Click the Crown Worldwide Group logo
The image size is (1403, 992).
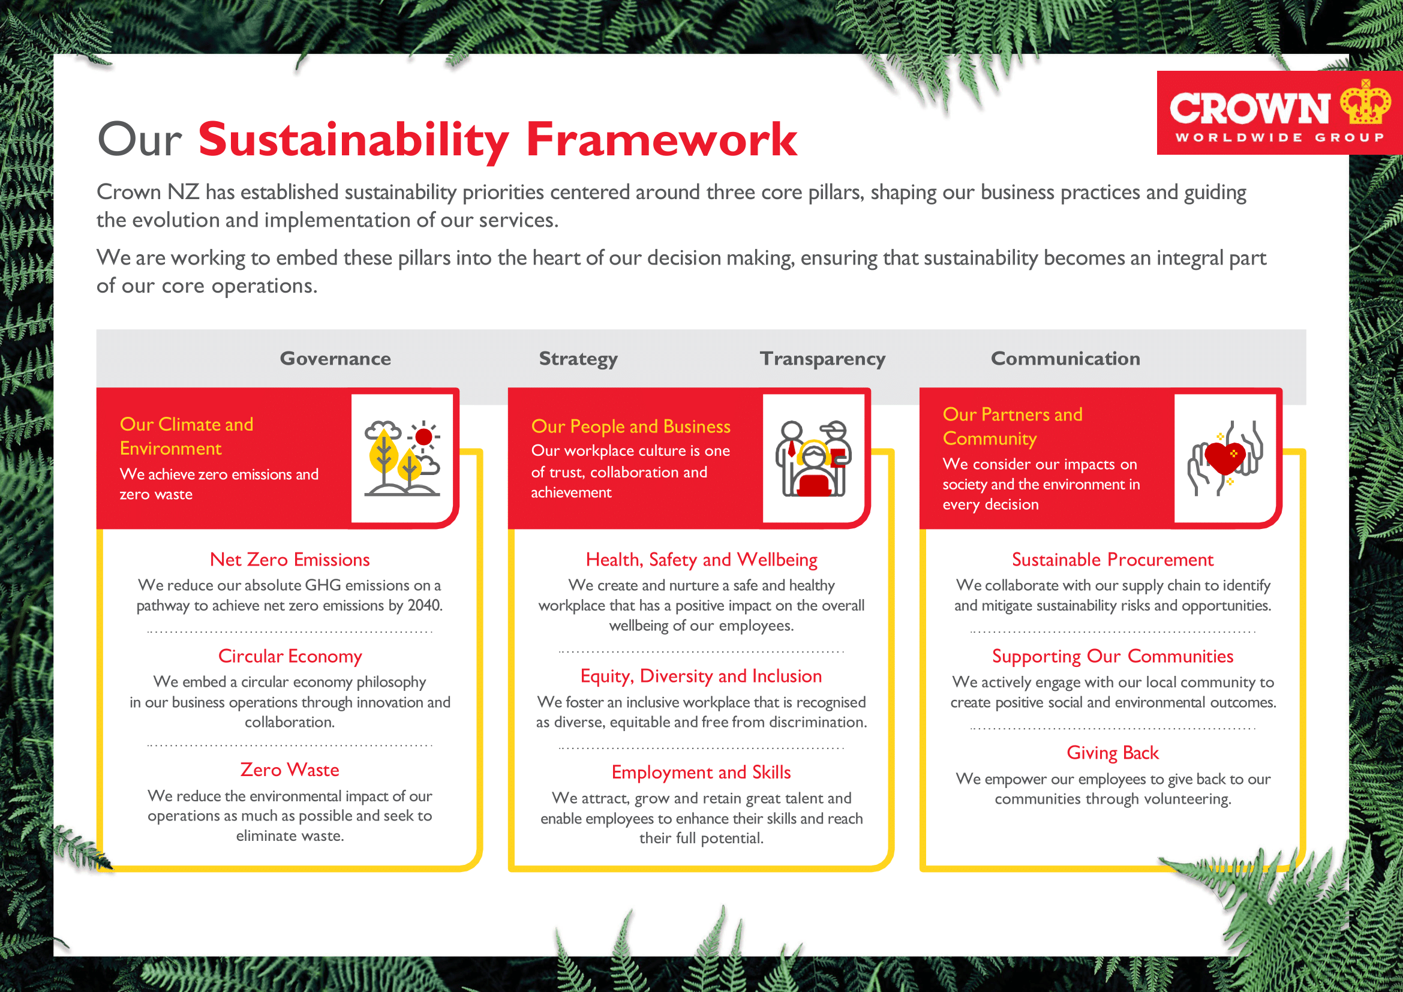coord(1277,113)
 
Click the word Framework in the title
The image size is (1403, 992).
coord(661,140)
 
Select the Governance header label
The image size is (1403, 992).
coord(335,359)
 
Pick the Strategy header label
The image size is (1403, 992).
coord(578,359)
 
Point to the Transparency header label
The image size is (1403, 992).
coord(822,359)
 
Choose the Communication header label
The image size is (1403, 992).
coord(1065,359)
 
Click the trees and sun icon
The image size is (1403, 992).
coord(402,458)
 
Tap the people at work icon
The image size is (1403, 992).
coord(813,458)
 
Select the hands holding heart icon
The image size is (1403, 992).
coord(1225,458)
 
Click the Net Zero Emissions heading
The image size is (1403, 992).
coord(290,560)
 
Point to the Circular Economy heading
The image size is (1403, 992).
coord(290,656)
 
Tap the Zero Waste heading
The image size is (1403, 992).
coord(290,769)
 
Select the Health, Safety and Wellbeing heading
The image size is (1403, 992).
coord(701,560)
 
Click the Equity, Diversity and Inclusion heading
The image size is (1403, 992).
coord(701,676)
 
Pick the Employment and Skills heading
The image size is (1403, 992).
coord(701,772)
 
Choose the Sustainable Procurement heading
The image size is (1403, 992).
coord(1112,560)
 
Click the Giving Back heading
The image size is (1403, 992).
coord(1112,753)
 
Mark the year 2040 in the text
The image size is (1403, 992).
coord(424,605)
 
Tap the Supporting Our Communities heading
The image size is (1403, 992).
coord(1112,656)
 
